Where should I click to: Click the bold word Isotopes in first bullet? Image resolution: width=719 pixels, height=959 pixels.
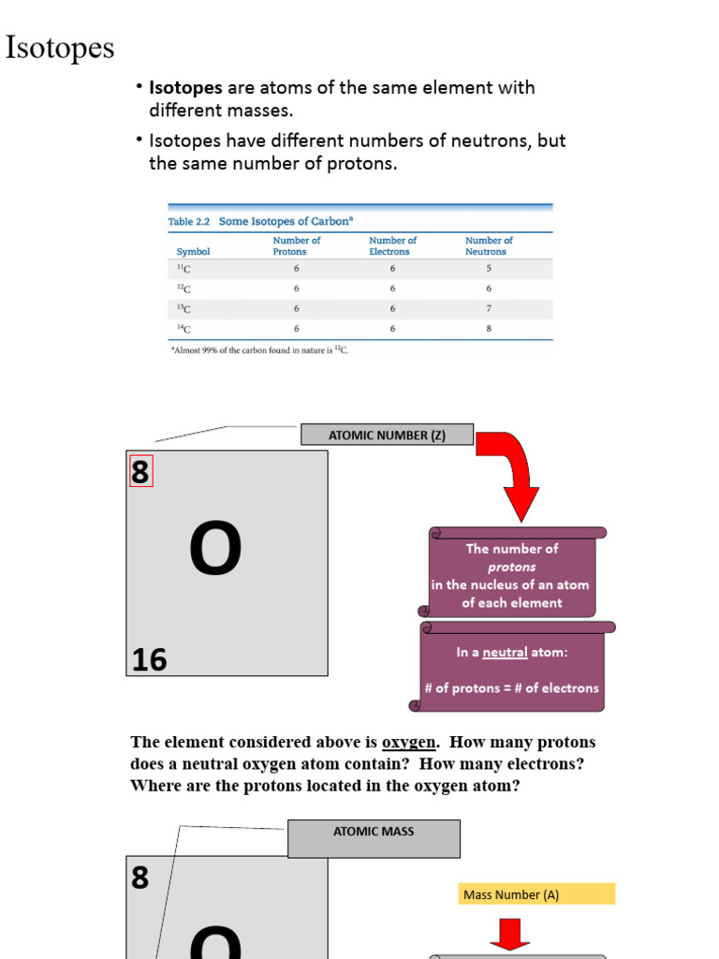[x=185, y=88]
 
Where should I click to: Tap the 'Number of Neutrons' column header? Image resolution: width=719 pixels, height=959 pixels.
[x=489, y=246]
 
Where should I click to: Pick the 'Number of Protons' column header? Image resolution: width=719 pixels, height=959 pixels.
[x=297, y=246]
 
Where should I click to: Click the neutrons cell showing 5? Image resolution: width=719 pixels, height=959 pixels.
[x=489, y=269]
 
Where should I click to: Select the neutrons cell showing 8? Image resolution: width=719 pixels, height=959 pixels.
[x=489, y=329]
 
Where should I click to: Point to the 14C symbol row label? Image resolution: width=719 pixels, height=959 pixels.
[x=183, y=329]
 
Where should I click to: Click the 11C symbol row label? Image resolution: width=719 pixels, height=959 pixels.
[x=183, y=269]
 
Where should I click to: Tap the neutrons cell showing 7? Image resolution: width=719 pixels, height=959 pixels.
[x=489, y=308]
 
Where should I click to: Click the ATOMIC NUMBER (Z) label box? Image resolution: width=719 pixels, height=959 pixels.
[x=387, y=435]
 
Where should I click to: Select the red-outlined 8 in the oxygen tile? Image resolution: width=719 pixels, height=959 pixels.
[x=140, y=472]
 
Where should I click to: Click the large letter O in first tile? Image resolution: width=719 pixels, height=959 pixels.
[x=215, y=551]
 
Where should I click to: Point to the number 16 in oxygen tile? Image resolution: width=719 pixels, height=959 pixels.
[x=149, y=660]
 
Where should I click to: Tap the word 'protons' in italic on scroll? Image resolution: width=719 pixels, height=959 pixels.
[x=511, y=567]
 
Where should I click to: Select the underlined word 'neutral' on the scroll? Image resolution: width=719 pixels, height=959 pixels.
[x=505, y=653]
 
